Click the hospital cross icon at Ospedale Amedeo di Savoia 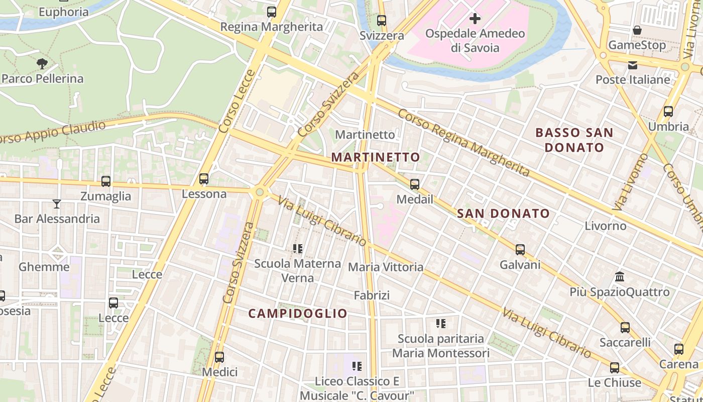tap(475, 19)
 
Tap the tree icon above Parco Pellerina tap(42, 63)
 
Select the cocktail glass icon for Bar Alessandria tap(57, 204)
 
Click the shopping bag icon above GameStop tap(637, 30)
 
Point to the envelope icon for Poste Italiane tap(632, 65)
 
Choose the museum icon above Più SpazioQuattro tap(619, 277)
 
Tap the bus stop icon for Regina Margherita tap(272, 12)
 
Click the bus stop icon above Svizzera tap(382, 21)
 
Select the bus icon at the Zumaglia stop tap(105, 181)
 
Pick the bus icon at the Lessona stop tap(204, 179)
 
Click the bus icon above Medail tap(415, 184)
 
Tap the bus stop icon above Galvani tap(520, 250)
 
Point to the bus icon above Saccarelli tap(625, 328)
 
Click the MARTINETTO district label tap(376, 157)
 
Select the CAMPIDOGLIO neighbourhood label tap(298, 314)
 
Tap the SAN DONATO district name tap(503, 214)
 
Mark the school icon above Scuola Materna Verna tap(297, 248)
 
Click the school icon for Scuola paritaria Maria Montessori tap(440, 324)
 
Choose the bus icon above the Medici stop tap(219, 357)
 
